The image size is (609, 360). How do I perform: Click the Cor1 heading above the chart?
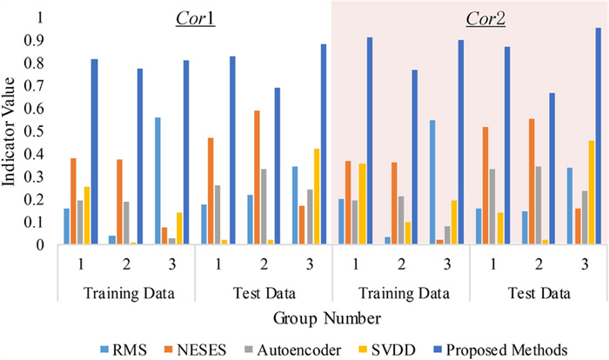click(195, 17)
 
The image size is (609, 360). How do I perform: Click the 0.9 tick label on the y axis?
click(37, 40)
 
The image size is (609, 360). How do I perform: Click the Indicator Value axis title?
click(12, 130)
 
